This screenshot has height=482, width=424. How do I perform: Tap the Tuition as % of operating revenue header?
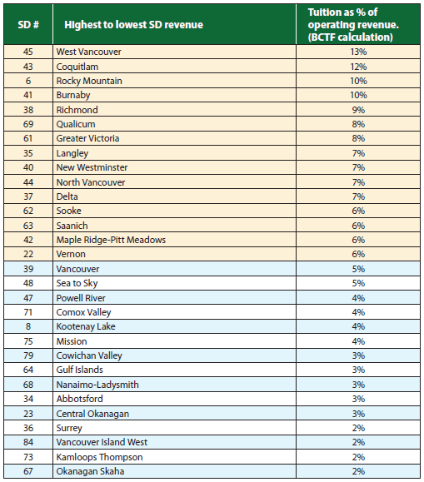358,24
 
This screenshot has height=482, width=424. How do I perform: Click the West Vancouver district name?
88,52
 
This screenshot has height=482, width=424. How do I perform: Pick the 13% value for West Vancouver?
359,52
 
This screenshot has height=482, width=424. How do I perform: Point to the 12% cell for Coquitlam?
359,66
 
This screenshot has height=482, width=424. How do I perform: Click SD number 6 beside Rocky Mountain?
27,81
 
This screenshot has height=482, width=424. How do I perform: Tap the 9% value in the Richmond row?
359,110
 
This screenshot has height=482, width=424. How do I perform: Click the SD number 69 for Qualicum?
27,124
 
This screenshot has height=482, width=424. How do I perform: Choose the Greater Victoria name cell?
87,138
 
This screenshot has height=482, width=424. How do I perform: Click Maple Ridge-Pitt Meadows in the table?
111,240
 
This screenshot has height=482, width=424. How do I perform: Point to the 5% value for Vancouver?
359,269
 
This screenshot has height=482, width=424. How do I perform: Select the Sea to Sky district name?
77,283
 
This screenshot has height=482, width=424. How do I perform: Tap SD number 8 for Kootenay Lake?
27,326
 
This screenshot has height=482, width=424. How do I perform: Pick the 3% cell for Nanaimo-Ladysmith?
359,385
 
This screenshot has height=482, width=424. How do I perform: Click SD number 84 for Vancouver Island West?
27,442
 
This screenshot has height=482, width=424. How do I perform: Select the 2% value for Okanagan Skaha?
359,471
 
